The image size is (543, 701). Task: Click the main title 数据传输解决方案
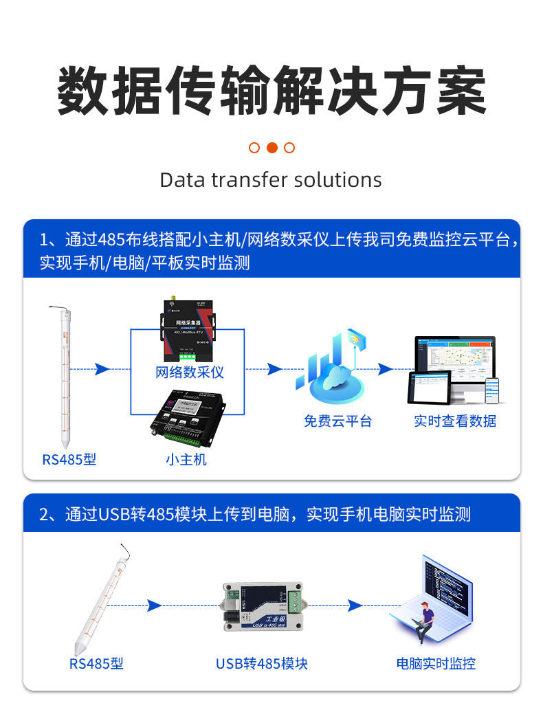click(271, 91)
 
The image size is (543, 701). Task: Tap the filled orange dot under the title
click(271, 147)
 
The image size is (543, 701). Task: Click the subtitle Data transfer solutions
click(271, 180)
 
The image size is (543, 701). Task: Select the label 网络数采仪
click(190, 372)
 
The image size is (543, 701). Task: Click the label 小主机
click(186, 459)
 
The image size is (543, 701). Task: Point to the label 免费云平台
click(337, 421)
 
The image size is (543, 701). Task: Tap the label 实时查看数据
click(455, 421)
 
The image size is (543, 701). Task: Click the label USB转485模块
click(261, 663)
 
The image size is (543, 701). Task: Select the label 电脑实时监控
click(436, 663)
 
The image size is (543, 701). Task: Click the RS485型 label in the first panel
click(69, 459)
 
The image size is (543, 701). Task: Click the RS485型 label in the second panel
click(96, 663)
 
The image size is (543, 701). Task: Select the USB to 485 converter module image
click(261, 605)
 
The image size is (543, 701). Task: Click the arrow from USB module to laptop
click(355, 605)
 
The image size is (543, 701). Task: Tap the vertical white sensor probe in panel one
click(66, 378)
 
